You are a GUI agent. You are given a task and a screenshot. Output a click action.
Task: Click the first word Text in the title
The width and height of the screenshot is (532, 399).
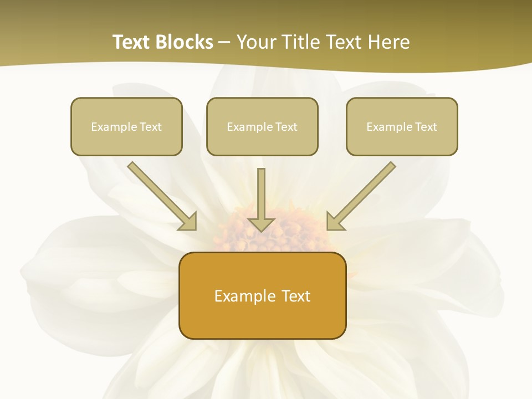[132, 42]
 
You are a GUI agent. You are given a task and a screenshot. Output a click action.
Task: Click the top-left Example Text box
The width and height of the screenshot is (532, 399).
[126, 126]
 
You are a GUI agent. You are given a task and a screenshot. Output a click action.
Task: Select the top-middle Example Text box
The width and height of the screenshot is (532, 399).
[262, 126]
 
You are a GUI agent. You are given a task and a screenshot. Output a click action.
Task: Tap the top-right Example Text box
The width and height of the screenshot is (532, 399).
[402, 126]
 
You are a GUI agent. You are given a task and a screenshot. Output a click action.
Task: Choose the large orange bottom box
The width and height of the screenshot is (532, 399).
[262, 295]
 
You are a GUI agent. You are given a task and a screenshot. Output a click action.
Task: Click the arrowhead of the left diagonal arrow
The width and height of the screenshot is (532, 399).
[188, 221]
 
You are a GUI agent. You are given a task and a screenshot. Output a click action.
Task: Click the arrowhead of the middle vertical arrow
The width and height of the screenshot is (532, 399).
[261, 224]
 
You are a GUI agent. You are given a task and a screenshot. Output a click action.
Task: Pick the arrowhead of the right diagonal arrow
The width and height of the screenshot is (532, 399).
[335, 221]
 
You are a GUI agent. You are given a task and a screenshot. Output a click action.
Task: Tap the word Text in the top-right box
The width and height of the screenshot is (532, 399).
[426, 127]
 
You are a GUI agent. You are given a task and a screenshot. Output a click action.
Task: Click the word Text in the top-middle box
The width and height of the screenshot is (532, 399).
[286, 127]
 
